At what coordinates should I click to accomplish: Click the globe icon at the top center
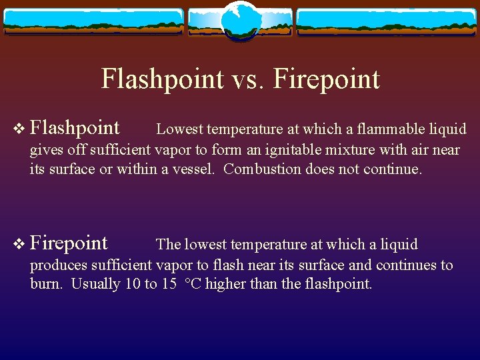239,19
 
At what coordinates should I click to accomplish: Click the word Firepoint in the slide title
327,79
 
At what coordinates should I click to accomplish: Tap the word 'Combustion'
262,169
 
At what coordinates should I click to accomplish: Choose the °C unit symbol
193,284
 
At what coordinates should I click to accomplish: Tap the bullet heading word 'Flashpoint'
75,127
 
